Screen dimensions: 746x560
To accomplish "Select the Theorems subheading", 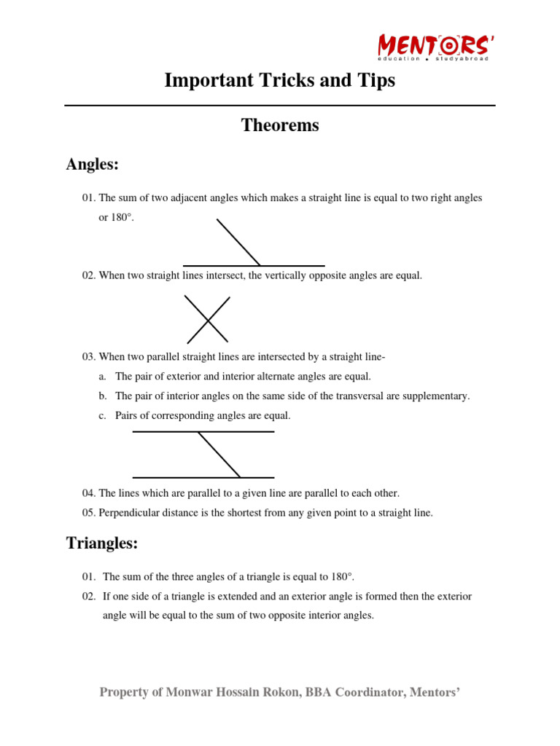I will coord(280,125).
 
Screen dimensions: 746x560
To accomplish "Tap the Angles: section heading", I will coord(93,165).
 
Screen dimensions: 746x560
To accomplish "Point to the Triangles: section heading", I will coord(102,543).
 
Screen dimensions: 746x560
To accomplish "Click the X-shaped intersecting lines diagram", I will coord(208,319).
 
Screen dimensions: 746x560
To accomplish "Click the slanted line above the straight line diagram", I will coord(238,242).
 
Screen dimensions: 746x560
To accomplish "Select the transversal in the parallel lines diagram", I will coord(219,455).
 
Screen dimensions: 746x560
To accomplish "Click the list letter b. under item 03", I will coord(103,396).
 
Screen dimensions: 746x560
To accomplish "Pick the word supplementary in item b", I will coord(437,396).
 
